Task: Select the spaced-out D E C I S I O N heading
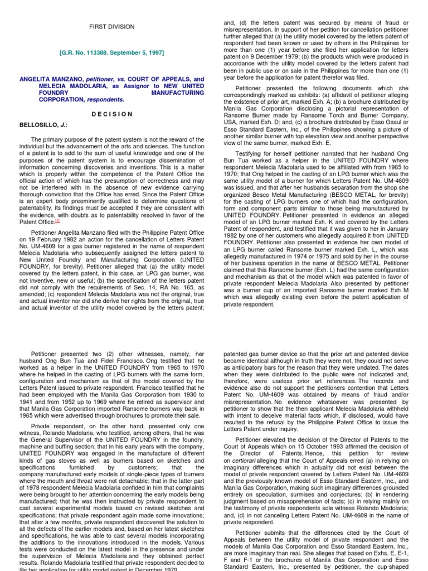coord(112,114)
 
